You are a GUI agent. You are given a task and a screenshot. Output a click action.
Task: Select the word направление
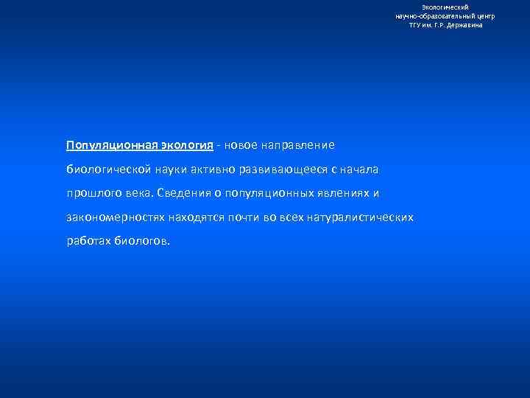[x=297, y=145]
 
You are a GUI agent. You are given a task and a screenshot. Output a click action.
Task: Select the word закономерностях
[x=116, y=217]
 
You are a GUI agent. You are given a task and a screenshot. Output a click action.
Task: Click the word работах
[x=88, y=241]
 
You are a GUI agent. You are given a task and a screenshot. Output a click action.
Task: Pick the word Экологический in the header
[x=450, y=7]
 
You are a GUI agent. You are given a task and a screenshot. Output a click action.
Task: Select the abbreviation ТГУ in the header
[x=417, y=24]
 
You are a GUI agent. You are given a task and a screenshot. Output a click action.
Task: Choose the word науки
[x=171, y=170]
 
